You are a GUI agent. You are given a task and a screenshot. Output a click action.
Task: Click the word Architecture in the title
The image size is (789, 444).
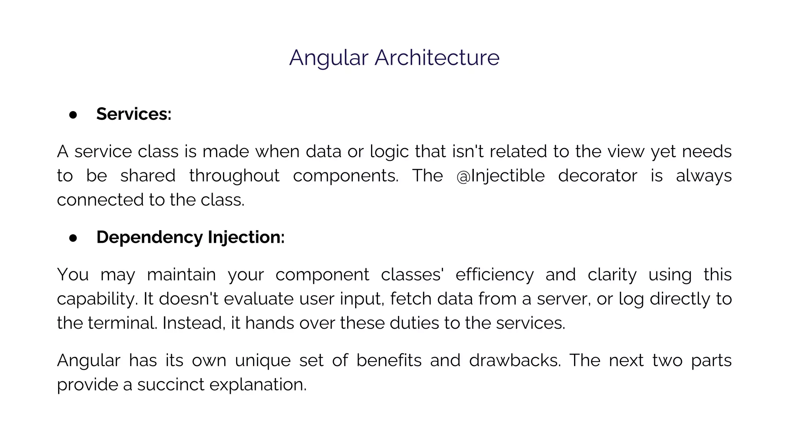click(437, 58)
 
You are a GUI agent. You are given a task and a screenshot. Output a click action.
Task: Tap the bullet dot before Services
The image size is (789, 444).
click(73, 114)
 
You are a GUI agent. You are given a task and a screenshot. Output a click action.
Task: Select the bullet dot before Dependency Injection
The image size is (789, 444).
click(73, 238)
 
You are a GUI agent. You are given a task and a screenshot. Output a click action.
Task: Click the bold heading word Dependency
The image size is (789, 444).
click(149, 237)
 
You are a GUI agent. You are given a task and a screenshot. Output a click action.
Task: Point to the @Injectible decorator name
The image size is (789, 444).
click(500, 176)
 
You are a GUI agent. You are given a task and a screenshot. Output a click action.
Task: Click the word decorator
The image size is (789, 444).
click(598, 176)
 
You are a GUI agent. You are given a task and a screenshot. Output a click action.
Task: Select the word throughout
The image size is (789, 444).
click(234, 176)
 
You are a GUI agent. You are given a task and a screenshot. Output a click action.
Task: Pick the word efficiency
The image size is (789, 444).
click(495, 275)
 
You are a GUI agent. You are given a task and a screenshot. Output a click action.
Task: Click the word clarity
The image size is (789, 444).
click(612, 275)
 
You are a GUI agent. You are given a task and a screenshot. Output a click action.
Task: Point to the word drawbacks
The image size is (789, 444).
click(515, 361)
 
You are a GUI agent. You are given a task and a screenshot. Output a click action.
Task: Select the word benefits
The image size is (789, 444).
click(389, 361)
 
